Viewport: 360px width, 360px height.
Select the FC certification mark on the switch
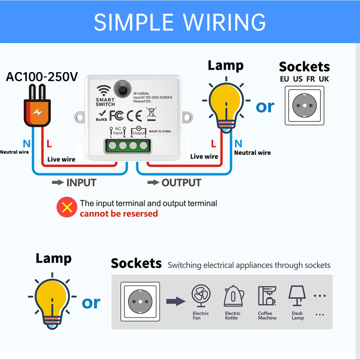(x=117, y=115)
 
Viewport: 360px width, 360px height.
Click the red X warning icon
(x=67, y=208)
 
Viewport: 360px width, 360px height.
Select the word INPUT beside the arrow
(x=81, y=183)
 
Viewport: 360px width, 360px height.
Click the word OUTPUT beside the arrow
(x=181, y=183)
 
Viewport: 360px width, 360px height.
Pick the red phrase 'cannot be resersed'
(x=118, y=214)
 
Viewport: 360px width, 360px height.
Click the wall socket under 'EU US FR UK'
(x=304, y=105)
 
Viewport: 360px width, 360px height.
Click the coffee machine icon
(x=267, y=296)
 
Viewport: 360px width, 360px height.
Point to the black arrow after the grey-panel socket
(x=175, y=301)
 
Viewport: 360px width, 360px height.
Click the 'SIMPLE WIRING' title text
(x=180, y=22)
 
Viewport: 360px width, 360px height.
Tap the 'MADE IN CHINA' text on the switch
(x=160, y=132)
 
